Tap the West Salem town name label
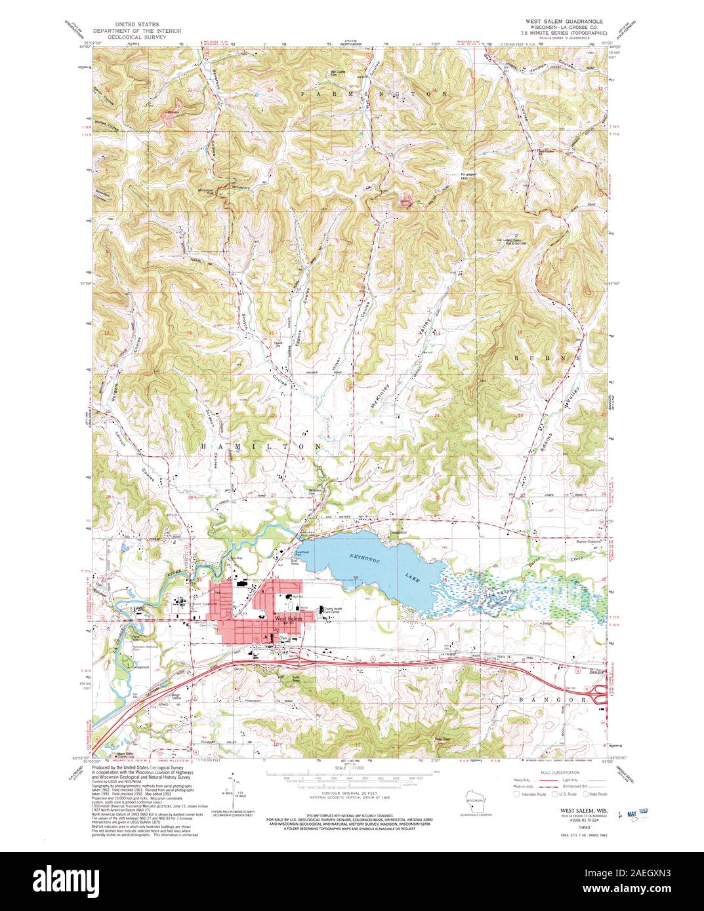pyautogui.click(x=289, y=618)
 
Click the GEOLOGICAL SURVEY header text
pyautogui.click(x=130, y=38)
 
